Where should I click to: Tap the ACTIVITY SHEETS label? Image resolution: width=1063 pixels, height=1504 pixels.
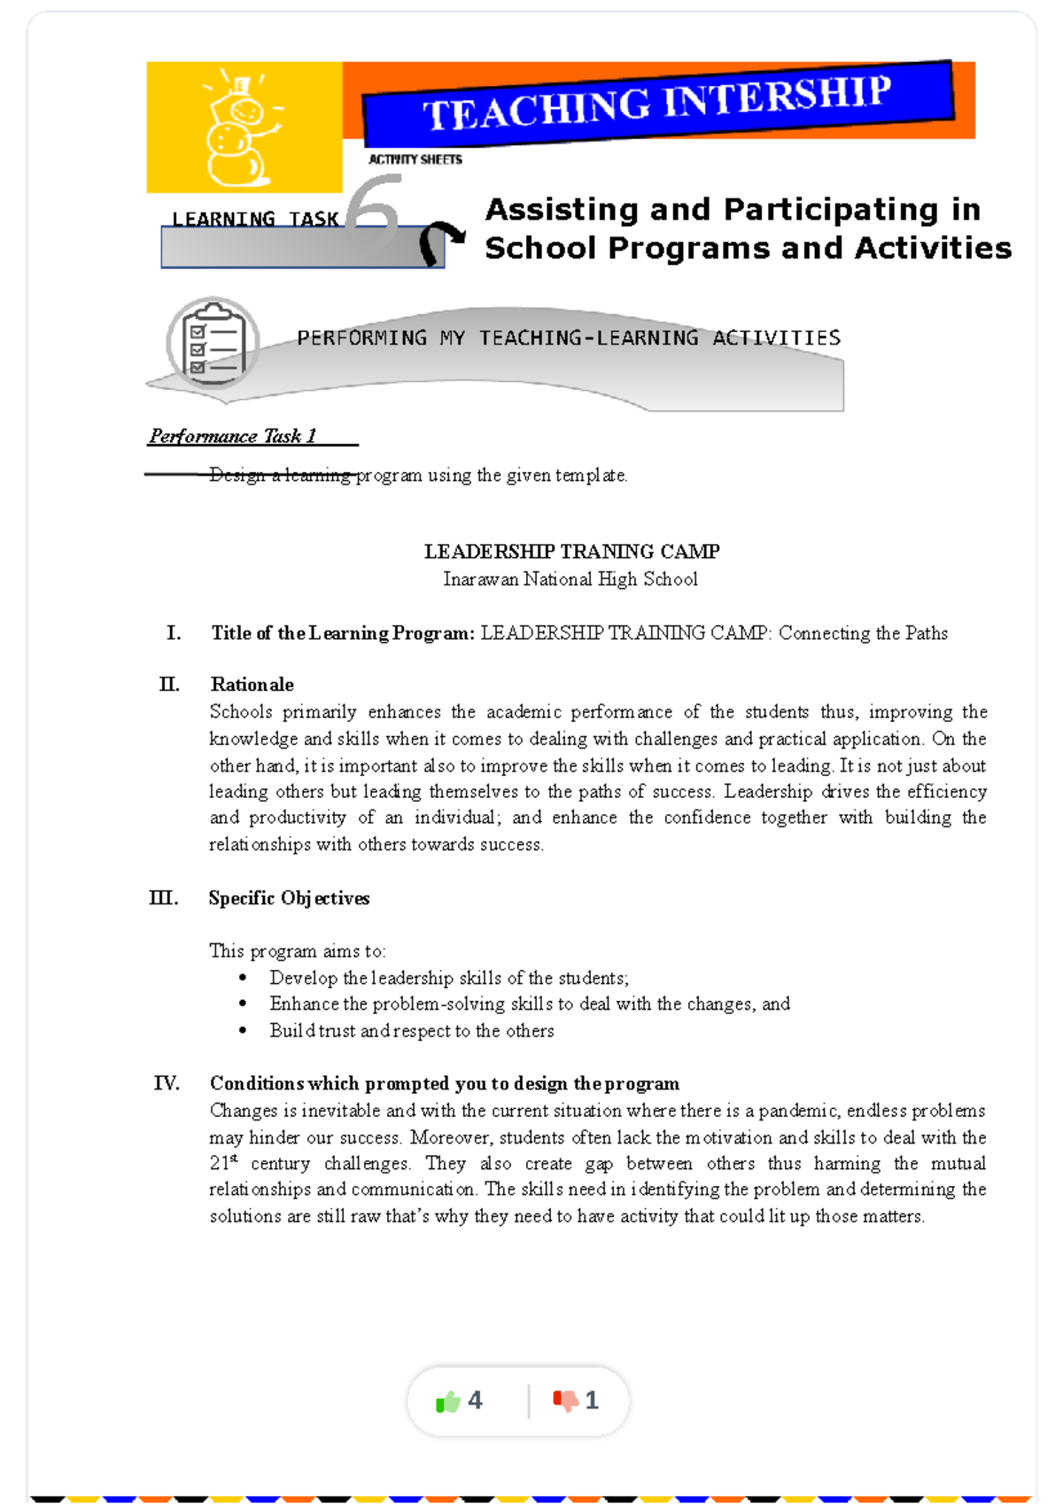[415, 159]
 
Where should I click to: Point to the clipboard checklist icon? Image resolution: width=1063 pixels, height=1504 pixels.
[213, 343]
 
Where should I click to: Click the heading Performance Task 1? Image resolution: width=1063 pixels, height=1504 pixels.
[233, 436]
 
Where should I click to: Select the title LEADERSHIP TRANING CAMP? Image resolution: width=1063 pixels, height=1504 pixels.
[571, 552]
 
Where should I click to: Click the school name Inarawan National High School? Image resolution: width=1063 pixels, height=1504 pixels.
[570, 579]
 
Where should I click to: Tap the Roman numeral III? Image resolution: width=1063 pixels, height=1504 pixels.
[164, 898]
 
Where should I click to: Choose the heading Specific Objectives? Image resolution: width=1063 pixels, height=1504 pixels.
[289, 898]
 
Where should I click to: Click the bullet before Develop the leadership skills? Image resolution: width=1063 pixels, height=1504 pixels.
[243, 978]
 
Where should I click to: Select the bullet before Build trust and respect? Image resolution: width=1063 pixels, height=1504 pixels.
[243, 1031]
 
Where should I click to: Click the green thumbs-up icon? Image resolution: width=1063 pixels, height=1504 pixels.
[448, 1401]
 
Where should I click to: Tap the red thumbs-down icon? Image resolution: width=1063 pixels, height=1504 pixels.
[565, 1400]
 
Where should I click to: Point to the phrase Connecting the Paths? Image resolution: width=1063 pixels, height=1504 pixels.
[863, 633]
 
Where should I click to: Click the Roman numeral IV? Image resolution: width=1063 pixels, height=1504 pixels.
[167, 1083]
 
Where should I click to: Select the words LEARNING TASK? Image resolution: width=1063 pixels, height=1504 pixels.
[255, 219]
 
